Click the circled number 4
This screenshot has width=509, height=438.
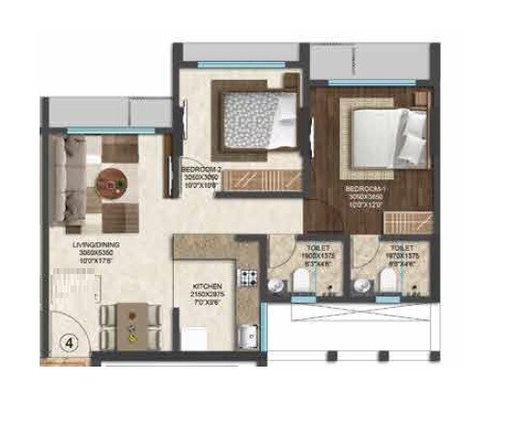coord(70,342)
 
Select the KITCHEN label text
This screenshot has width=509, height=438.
coord(208,287)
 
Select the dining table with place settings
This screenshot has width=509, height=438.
coord(133,325)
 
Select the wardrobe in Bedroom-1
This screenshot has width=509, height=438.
coord(385,219)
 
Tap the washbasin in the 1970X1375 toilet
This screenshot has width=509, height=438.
coord(360,286)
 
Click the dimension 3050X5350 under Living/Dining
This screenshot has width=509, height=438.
coord(96,254)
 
